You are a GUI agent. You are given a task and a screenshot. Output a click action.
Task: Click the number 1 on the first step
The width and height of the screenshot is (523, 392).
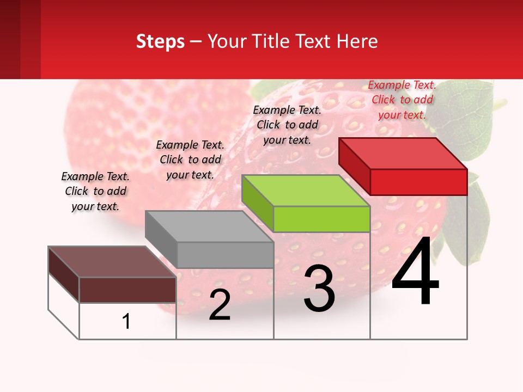point(126,321)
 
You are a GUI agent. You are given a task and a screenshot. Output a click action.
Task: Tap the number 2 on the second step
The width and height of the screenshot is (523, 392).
point(220,305)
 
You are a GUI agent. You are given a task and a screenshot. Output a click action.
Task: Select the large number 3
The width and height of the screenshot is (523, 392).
point(319,289)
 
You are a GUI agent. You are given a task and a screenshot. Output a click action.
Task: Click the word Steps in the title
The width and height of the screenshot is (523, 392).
point(160,41)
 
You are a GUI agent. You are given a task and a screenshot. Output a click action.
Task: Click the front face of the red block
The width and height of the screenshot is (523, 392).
point(418,182)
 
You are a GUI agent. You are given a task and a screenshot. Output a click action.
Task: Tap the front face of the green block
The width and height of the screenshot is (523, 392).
point(321,219)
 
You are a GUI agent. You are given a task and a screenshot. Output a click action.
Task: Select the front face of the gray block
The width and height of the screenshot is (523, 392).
point(225,255)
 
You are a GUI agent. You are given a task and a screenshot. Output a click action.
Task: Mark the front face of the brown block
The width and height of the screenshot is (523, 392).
point(127,290)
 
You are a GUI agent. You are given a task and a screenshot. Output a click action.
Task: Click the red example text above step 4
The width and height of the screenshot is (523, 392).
point(402,100)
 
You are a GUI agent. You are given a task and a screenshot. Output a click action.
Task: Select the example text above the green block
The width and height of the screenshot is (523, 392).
point(287,125)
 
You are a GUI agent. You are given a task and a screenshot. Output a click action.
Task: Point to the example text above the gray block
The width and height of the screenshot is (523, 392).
point(190,160)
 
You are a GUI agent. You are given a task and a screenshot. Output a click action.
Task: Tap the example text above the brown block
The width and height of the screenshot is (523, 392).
point(95,191)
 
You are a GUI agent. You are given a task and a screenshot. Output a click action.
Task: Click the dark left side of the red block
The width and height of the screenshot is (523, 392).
point(354,166)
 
